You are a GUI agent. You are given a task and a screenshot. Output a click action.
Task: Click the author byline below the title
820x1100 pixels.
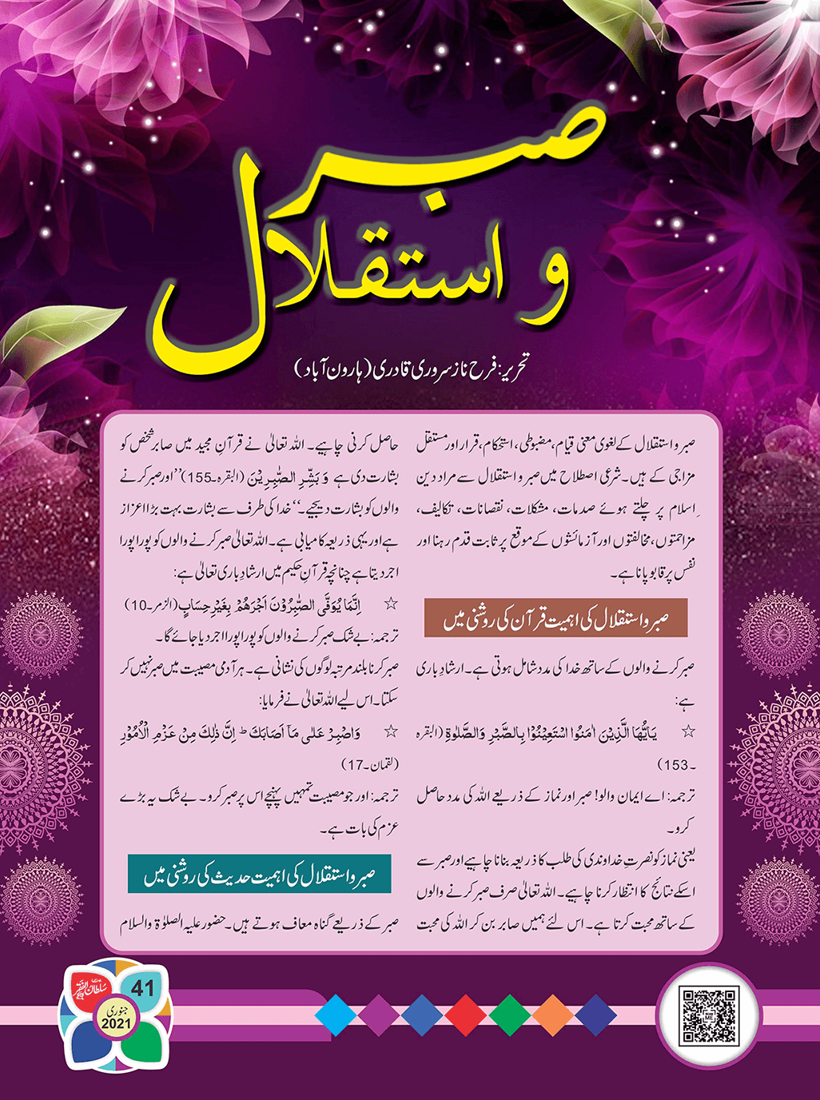[412, 369]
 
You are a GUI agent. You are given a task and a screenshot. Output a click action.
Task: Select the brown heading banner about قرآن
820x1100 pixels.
[555, 619]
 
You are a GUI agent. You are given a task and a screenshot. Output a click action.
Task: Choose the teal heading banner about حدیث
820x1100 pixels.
[260, 874]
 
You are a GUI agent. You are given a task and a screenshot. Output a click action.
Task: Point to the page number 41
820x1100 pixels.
[142, 988]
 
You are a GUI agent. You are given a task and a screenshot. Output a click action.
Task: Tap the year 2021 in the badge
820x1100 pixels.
[117, 1024]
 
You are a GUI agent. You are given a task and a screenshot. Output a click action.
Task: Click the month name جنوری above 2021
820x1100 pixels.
[117, 1011]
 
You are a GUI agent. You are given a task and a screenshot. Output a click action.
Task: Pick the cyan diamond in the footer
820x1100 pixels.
[336, 1015]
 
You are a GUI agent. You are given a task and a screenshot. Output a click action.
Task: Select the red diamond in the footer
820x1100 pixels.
[466, 1015]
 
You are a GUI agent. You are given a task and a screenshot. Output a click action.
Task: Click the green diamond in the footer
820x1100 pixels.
[510, 1015]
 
